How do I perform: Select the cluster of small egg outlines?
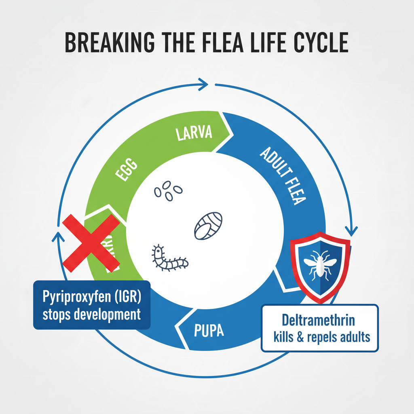pos(168,190)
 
